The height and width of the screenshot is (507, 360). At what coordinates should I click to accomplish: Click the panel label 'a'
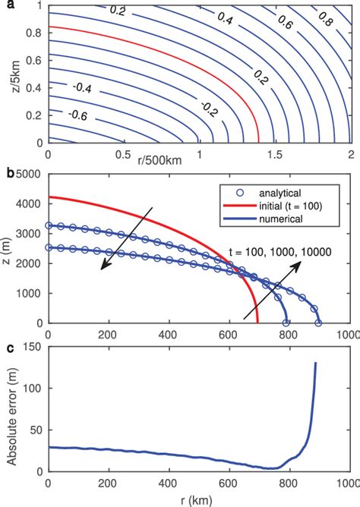pyautogui.click(x=5, y=5)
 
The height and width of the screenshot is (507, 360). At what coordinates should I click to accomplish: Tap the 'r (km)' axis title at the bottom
pyautogui.click(x=197, y=500)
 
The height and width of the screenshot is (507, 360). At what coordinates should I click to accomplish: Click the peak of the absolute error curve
pyautogui.click(x=315, y=364)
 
